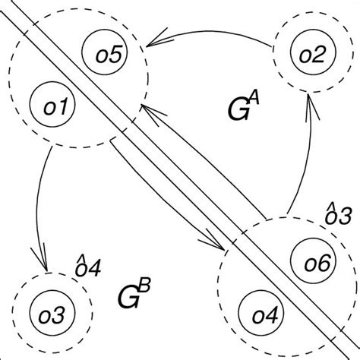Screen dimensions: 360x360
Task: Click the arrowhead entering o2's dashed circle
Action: click(x=308, y=103)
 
